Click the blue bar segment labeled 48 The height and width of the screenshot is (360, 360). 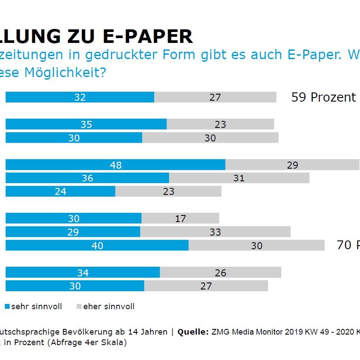point(115,165)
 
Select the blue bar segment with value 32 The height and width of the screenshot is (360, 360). point(80,97)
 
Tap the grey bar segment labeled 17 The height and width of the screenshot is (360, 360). point(180,218)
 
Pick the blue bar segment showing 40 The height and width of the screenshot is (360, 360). point(97,245)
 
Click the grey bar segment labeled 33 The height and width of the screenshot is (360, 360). point(215,232)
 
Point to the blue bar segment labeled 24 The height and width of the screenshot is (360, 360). point(60,191)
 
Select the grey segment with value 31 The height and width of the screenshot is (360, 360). point(239,178)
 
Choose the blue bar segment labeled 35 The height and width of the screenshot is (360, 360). point(86,124)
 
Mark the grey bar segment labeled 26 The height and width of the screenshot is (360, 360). point(220,273)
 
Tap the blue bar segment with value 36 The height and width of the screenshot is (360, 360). point(87,178)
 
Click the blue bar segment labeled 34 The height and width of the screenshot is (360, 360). point(82,273)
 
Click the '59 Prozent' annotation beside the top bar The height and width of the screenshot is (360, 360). point(323,97)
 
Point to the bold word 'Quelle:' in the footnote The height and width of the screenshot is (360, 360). point(193,332)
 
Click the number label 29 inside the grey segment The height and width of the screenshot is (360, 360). point(292,165)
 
